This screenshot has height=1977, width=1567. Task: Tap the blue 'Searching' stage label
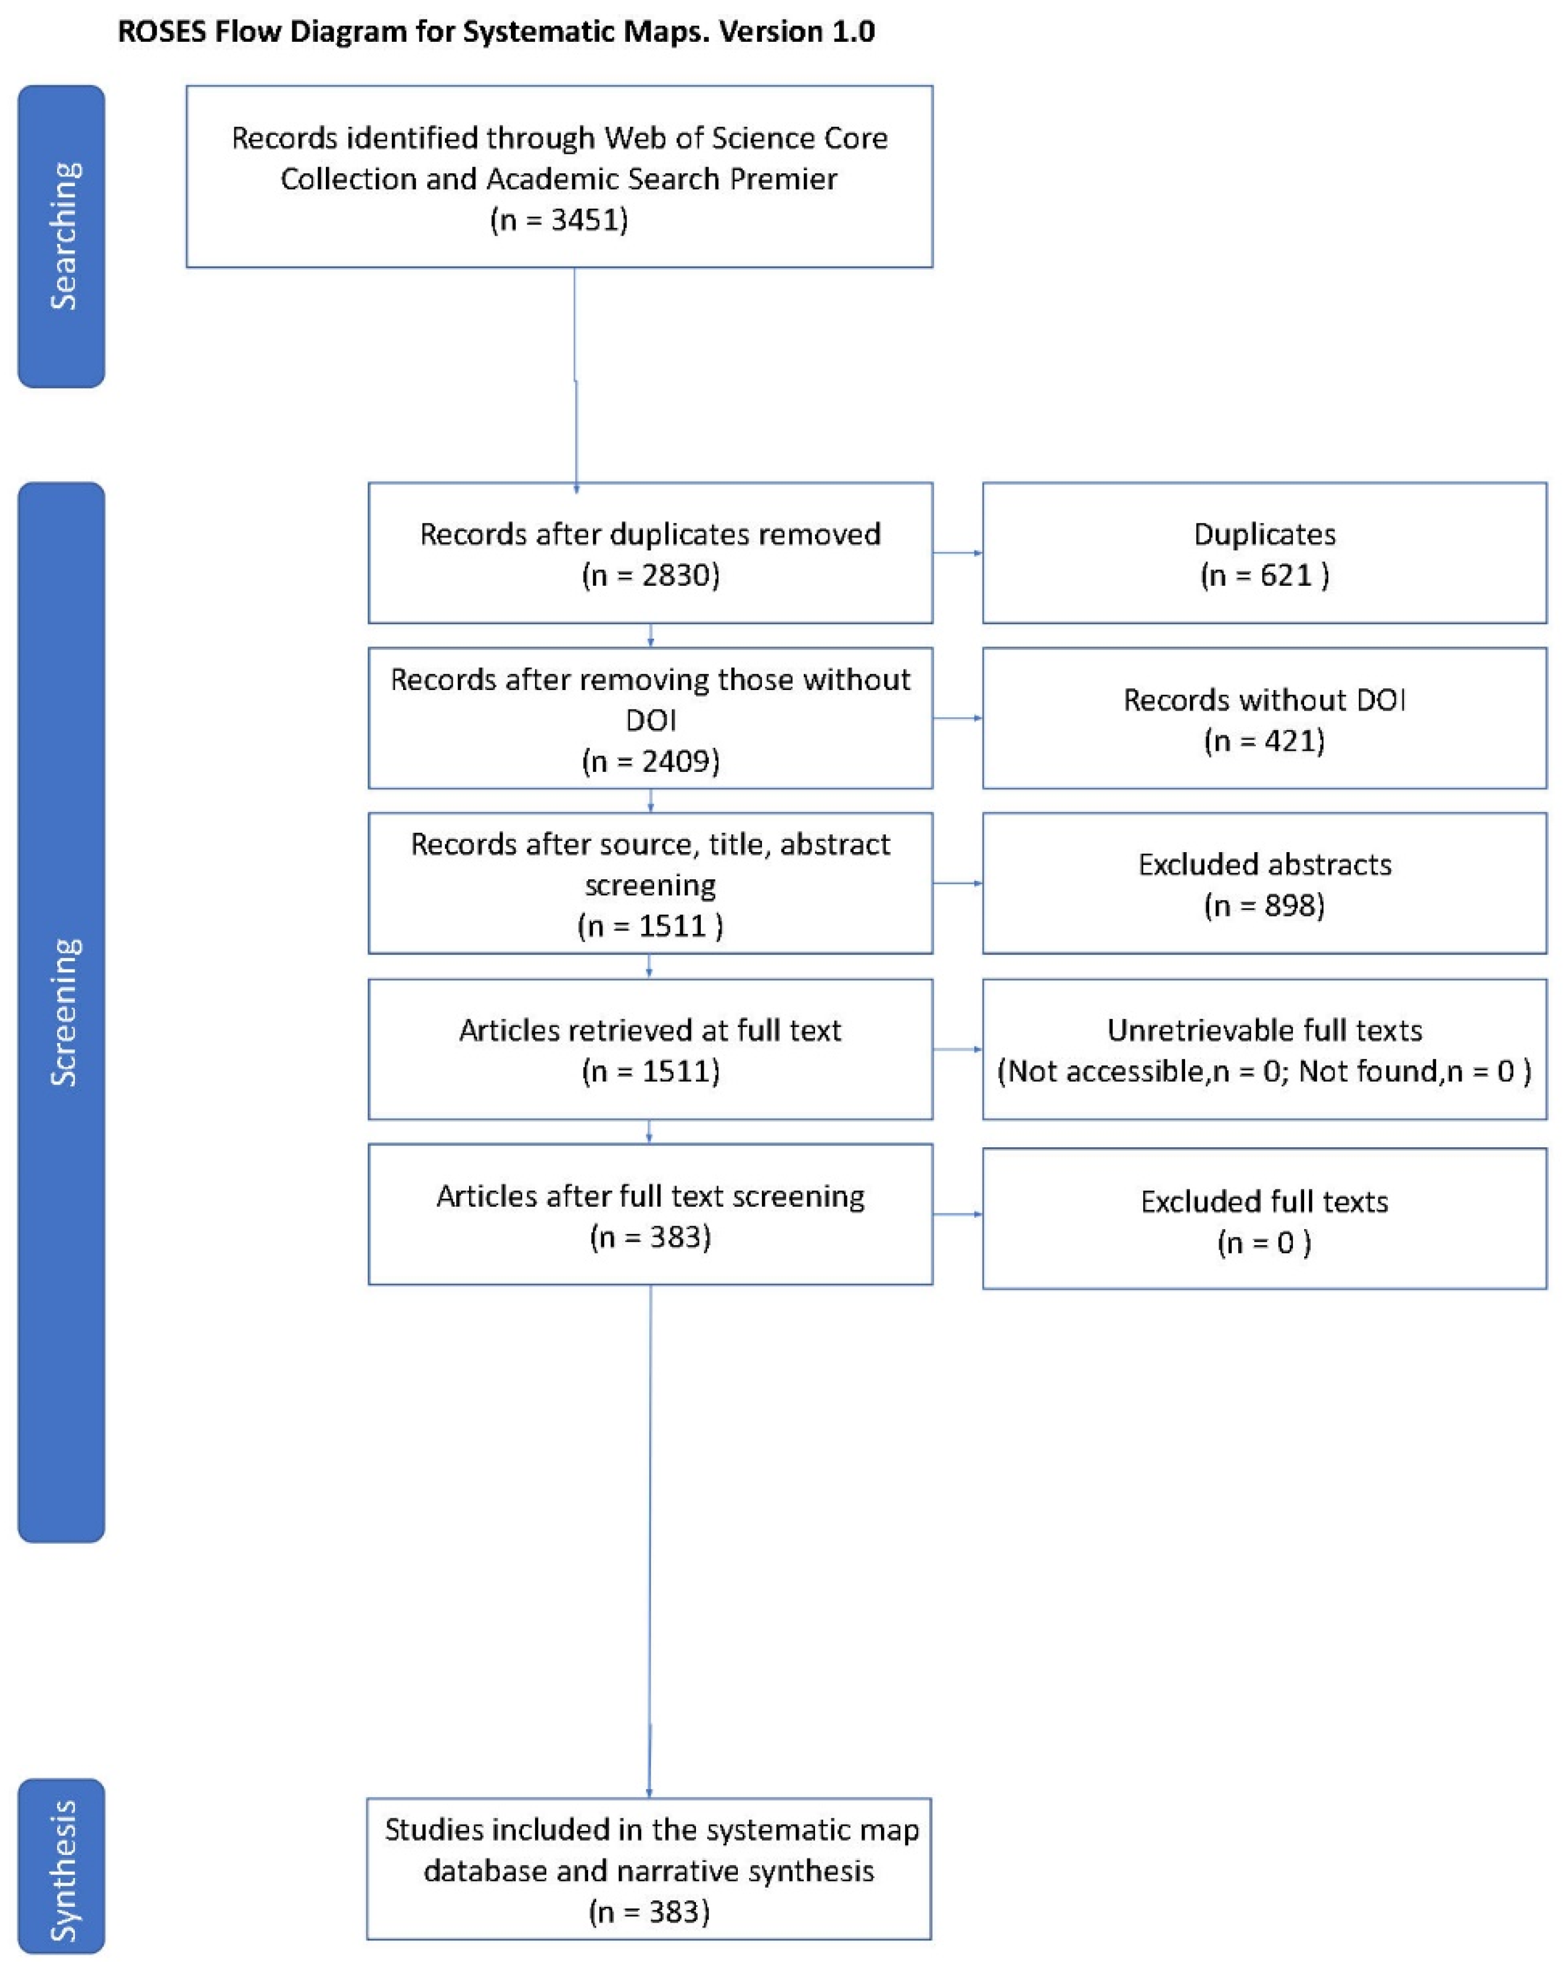click(x=61, y=236)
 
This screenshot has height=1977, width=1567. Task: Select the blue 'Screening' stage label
click(x=61, y=1011)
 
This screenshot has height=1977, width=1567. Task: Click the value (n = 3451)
click(x=559, y=220)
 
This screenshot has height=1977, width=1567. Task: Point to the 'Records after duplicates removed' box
click(x=650, y=553)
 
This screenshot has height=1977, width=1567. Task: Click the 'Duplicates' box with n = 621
click(x=1265, y=553)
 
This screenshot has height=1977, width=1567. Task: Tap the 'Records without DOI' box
click(x=1265, y=718)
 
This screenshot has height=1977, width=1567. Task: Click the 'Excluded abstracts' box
click(x=1265, y=883)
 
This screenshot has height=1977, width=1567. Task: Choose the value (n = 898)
click(x=1265, y=905)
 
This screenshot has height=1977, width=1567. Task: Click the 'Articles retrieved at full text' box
click(x=650, y=1049)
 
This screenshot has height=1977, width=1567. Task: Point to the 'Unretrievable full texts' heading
click(x=1265, y=1030)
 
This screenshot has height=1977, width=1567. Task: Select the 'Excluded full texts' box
click(x=1265, y=1219)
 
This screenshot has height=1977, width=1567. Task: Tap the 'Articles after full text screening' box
click(x=650, y=1214)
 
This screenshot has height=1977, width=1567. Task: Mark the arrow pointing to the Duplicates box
click(x=957, y=553)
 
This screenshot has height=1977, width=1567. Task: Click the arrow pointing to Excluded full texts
click(x=957, y=1214)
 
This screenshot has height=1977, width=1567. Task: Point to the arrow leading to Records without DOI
click(x=957, y=718)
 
